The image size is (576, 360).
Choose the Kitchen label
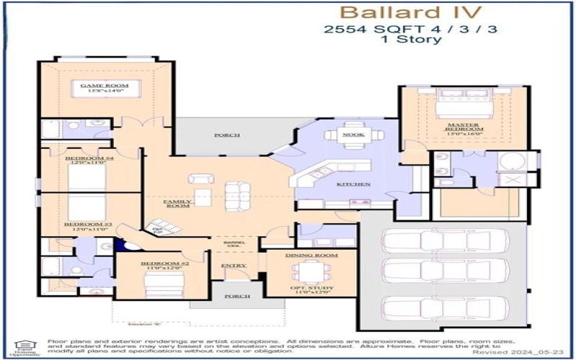[354, 184]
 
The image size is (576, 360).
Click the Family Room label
[176, 204]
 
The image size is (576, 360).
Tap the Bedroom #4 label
[86, 160]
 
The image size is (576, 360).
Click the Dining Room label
[312, 256]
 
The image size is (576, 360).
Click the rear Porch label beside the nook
[227, 135]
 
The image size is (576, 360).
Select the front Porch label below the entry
[238, 296]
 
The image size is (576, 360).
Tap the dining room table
[312, 272]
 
